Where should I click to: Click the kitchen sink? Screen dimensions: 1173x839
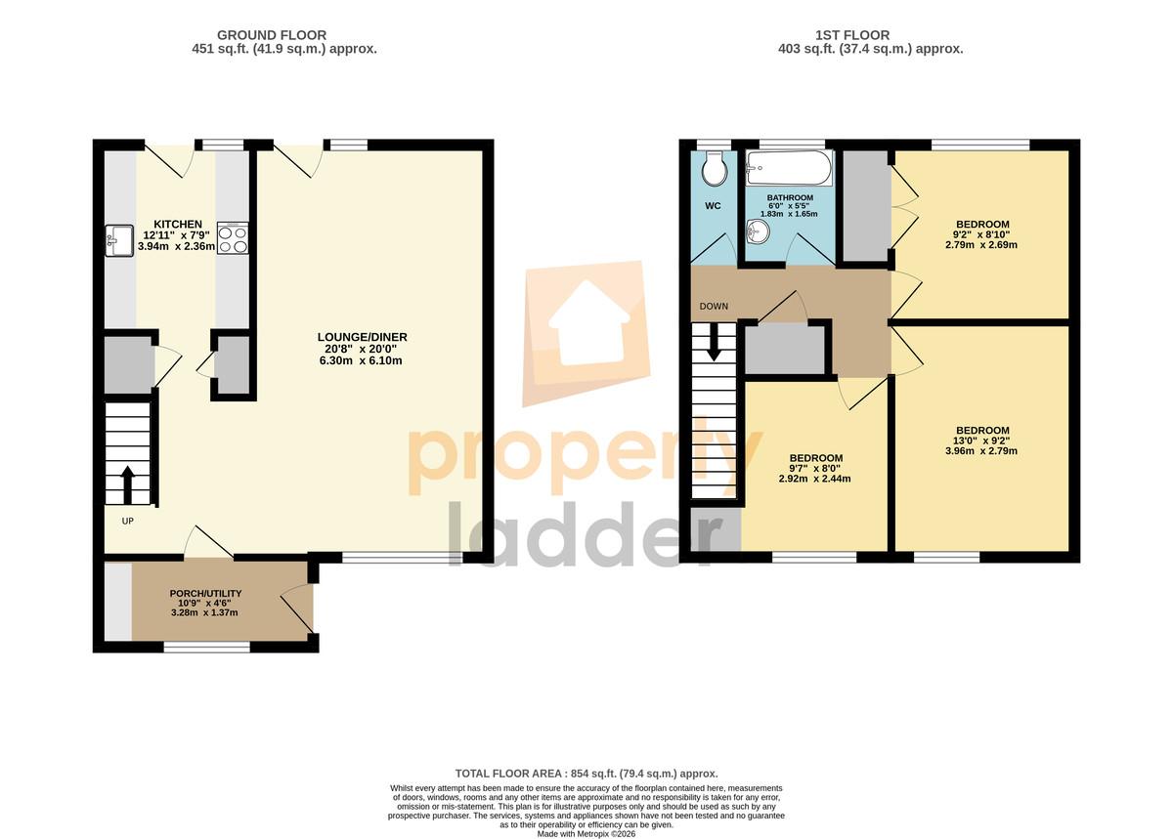click(x=119, y=241)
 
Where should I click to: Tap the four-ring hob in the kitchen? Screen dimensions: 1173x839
click(x=233, y=238)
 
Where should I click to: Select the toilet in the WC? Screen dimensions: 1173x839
click(x=715, y=169)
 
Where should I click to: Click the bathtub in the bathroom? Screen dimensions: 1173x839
click(x=789, y=167)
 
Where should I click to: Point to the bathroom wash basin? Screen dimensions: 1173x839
click(x=758, y=231)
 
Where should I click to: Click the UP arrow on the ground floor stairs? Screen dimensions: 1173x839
click(x=128, y=484)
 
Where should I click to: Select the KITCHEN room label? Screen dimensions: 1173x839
click(x=178, y=224)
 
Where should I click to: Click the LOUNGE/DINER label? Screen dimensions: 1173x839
click(x=362, y=337)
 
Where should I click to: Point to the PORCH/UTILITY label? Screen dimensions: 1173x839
click(x=205, y=594)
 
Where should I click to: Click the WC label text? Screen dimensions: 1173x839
click(x=713, y=206)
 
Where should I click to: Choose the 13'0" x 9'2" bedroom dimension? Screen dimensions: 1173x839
click(x=981, y=440)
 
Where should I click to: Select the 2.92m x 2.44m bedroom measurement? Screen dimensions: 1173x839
click(x=814, y=479)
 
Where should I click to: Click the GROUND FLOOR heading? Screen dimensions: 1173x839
click(x=272, y=35)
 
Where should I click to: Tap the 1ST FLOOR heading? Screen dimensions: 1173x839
click(x=852, y=35)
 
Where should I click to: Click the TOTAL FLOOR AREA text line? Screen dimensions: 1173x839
click(x=586, y=774)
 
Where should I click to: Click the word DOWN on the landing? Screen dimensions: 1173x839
click(x=714, y=306)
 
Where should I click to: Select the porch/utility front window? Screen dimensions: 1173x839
click(x=207, y=648)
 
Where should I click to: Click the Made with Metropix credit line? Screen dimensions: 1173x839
click(x=586, y=834)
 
